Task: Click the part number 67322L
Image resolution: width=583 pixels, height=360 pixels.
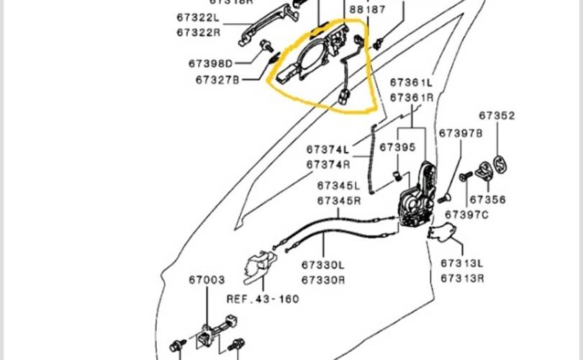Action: (x=198, y=17)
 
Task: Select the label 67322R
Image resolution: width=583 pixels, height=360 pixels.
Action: (x=198, y=32)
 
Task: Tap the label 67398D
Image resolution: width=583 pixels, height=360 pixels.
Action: (x=211, y=63)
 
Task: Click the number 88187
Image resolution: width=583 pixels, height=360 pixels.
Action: (x=368, y=10)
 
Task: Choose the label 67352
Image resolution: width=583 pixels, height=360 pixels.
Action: (x=497, y=115)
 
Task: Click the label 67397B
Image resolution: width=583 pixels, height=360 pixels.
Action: (x=461, y=133)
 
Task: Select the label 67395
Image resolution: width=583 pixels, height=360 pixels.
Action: (x=398, y=147)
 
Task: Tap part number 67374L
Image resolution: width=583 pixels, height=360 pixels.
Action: (x=327, y=150)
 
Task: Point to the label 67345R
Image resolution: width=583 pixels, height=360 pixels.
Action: (x=338, y=200)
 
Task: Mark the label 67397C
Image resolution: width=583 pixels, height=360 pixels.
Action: (x=466, y=215)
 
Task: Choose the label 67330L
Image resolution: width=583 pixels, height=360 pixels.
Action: (x=323, y=265)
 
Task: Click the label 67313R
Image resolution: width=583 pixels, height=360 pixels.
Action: (x=462, y=278)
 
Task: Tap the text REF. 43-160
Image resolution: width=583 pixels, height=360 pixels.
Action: (x=263, y=298)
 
